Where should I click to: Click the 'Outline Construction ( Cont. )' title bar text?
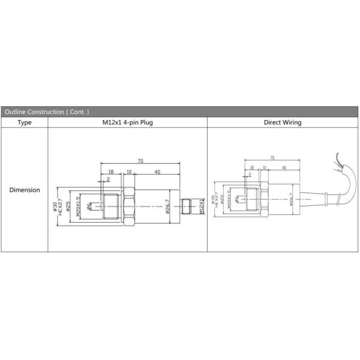46,112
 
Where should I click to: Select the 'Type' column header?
25,122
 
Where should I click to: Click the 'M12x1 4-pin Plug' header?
127,122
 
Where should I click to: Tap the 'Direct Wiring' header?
283,122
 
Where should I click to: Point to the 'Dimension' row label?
25,190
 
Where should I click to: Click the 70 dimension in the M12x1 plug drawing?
140,161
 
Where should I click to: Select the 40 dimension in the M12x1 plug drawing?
157,172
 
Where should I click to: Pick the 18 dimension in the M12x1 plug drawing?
112,172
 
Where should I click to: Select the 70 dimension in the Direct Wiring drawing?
272,158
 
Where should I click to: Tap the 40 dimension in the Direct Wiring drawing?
283,168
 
